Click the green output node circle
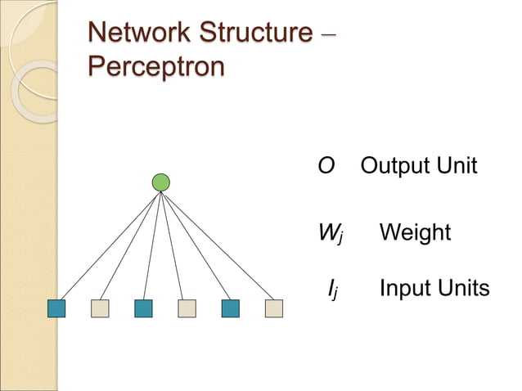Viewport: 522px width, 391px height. pos(161,182)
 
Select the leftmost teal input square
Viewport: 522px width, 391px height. pos(56,308)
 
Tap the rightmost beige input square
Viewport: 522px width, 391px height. pos(274,308)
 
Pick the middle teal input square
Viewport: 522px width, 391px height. pos(143,308)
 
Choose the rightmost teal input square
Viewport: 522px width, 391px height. pos(231,308)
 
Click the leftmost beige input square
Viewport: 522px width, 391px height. pos(100,308)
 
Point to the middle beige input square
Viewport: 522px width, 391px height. pos(187,308)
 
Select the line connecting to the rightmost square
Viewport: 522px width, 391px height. pos(218,245)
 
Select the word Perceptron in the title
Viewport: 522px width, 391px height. pos(155,66)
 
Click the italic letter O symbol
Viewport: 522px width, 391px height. pos(326,166)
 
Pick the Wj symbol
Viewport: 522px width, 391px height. pos(331,234)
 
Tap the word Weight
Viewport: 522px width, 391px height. pos(415,233)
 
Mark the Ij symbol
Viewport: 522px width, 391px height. pos(331,290)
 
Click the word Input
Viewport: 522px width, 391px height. pos(405,290)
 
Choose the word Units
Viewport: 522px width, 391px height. pos(463,289)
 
